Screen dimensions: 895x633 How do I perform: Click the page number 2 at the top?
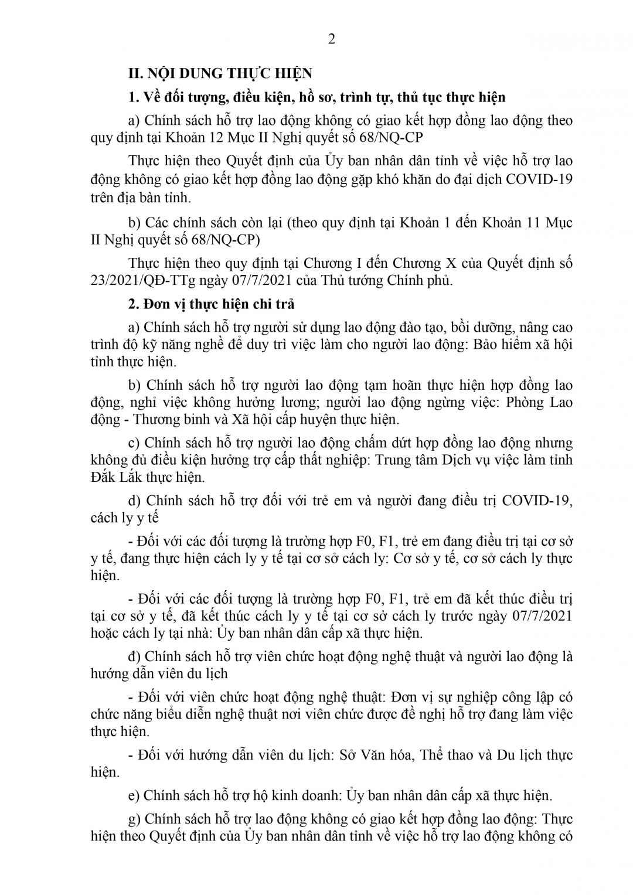click(331, 40)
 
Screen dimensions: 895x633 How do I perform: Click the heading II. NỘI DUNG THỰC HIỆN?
click(220, 73)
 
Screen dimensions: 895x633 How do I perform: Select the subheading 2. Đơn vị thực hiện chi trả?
click(212, 304)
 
